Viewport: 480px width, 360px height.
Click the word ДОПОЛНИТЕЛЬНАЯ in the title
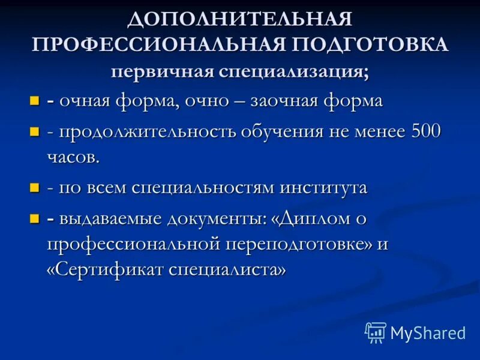point(239,20)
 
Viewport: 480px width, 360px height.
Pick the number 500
point(423,131)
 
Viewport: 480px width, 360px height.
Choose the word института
point(323,188)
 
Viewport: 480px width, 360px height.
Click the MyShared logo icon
point(376,332)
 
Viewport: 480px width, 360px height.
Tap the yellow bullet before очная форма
point(35,101)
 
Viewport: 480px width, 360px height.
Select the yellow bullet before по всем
point(35,188)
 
